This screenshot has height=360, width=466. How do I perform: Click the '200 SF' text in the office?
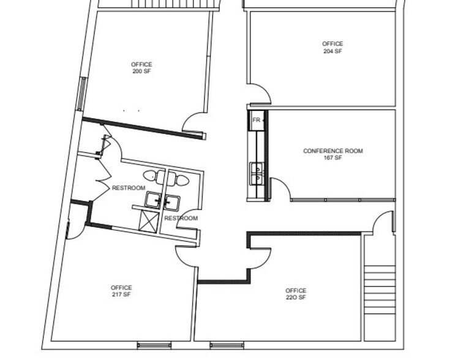(x=141, y=72)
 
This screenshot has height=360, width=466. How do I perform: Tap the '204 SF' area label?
(x=333, y=51)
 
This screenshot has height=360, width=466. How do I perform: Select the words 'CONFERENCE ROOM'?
(x=333, y=151)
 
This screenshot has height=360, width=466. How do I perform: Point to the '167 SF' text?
(x=333, y=158)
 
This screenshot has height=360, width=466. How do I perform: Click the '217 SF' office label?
(x=121, y=294)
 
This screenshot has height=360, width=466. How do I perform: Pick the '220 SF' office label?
(x=295, y=298)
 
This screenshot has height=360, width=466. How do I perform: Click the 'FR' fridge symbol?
(x=257, y=120)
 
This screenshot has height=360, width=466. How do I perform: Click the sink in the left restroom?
(x=154, y=200)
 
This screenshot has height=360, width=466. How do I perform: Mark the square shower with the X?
(x=149, y=219)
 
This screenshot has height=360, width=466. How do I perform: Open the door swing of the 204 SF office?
(x=260, y=96)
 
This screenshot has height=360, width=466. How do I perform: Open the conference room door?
(x=280, y=187)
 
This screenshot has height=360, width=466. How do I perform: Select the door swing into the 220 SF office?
(x=261, y=257)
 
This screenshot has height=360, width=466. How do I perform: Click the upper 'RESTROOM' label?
(x=128, y=188)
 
